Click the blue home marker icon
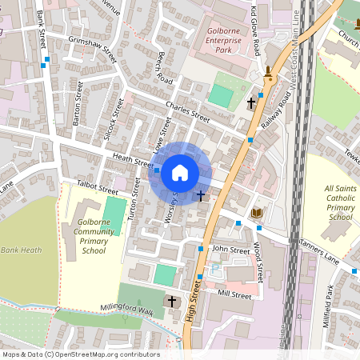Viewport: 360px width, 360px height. [180, 173]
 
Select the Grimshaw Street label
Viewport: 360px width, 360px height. [93, 50]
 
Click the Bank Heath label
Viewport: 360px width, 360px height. [21, 250]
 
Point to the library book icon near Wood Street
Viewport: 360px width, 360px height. [256, 213]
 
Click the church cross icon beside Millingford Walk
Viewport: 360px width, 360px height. [172, 302]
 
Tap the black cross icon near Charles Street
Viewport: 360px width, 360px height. [251, 103]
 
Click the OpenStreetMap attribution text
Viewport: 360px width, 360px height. [80, 354]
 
